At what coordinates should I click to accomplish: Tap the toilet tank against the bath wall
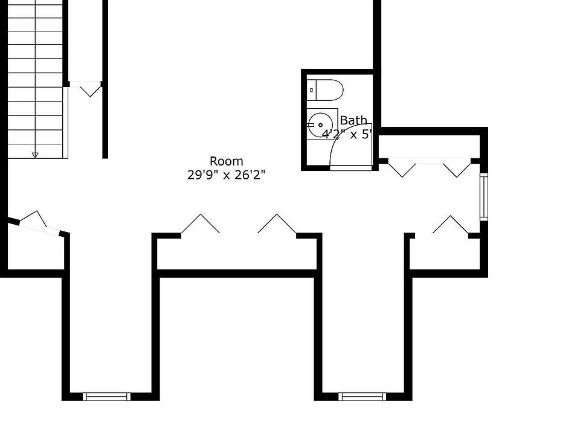tap(312, 90)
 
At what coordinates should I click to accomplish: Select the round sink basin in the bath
tap(320, 124)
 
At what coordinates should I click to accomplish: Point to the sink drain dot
tap(320, 124)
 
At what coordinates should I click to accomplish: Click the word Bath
tap(353, 120)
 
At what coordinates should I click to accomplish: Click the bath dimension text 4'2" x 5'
tap(347, 134)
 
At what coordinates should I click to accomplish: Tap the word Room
tap(227, 161)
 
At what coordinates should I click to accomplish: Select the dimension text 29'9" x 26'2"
tap(227, 175)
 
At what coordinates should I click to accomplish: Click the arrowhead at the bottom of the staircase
tap(35, 155)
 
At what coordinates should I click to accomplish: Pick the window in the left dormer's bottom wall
tap(106, 396)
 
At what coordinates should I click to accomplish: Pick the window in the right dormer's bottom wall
tap(362, 396)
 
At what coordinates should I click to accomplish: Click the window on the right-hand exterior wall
tap(483, 196)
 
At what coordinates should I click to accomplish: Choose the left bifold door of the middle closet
tap(201, 224)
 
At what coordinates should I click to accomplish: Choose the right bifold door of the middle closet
tap(277, 224)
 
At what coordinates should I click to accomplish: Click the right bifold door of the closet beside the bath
tap(457, 168)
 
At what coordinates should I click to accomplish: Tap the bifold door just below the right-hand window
tap(451, 225)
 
